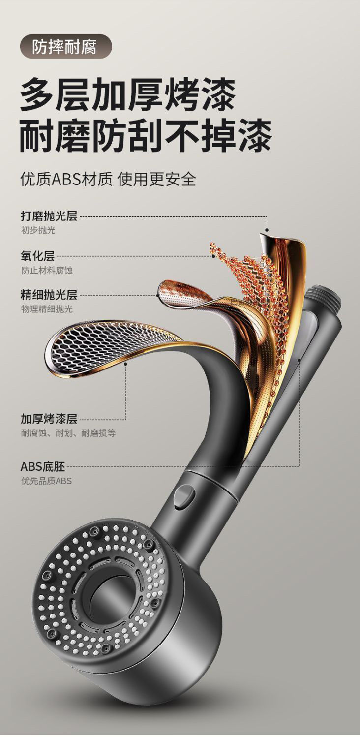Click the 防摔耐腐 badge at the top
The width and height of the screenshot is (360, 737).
pos(65,47)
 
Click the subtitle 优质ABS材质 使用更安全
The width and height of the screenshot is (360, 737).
pos(108,179)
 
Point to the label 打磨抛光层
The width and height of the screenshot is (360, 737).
pos(49,216)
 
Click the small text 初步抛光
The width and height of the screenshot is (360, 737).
pos(38,230)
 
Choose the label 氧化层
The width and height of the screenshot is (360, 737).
pos(37,256)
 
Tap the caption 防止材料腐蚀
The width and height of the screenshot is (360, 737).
pos(47,270)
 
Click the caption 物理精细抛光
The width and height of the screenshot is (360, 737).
pos(47,309)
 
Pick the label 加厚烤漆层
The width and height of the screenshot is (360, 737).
pos(49,419)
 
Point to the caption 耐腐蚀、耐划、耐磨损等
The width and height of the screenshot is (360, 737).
pos(68,433)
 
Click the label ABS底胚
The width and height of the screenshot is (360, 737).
pos(43,466)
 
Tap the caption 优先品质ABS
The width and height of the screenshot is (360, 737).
pos(46,481)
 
